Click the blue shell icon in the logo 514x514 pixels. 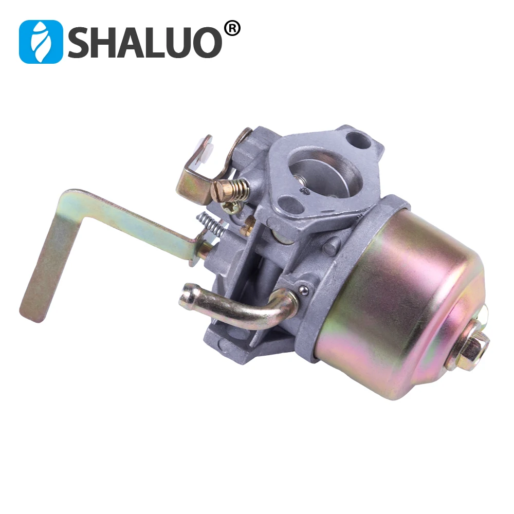click(x=40, y=42)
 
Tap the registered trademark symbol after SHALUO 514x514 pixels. click(x=232, y=29)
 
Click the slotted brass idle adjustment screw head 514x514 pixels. click(x=219, y=191)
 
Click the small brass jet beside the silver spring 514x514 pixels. click(x=249, y=222)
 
